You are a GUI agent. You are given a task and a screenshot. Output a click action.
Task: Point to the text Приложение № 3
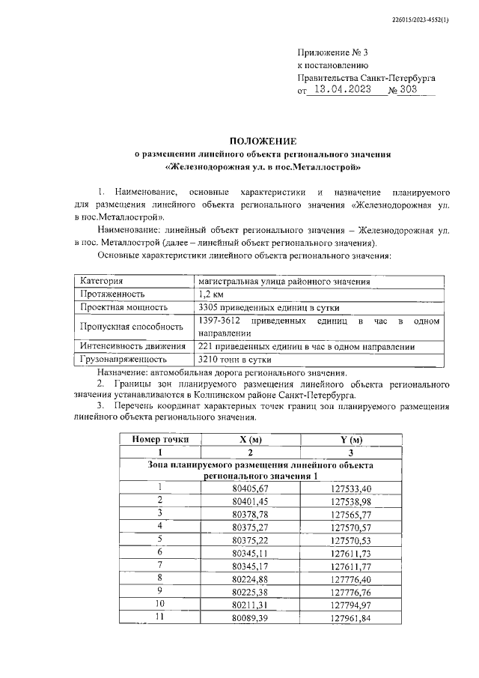pos(333,52)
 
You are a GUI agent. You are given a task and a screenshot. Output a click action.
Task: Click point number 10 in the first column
pos(159,604)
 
